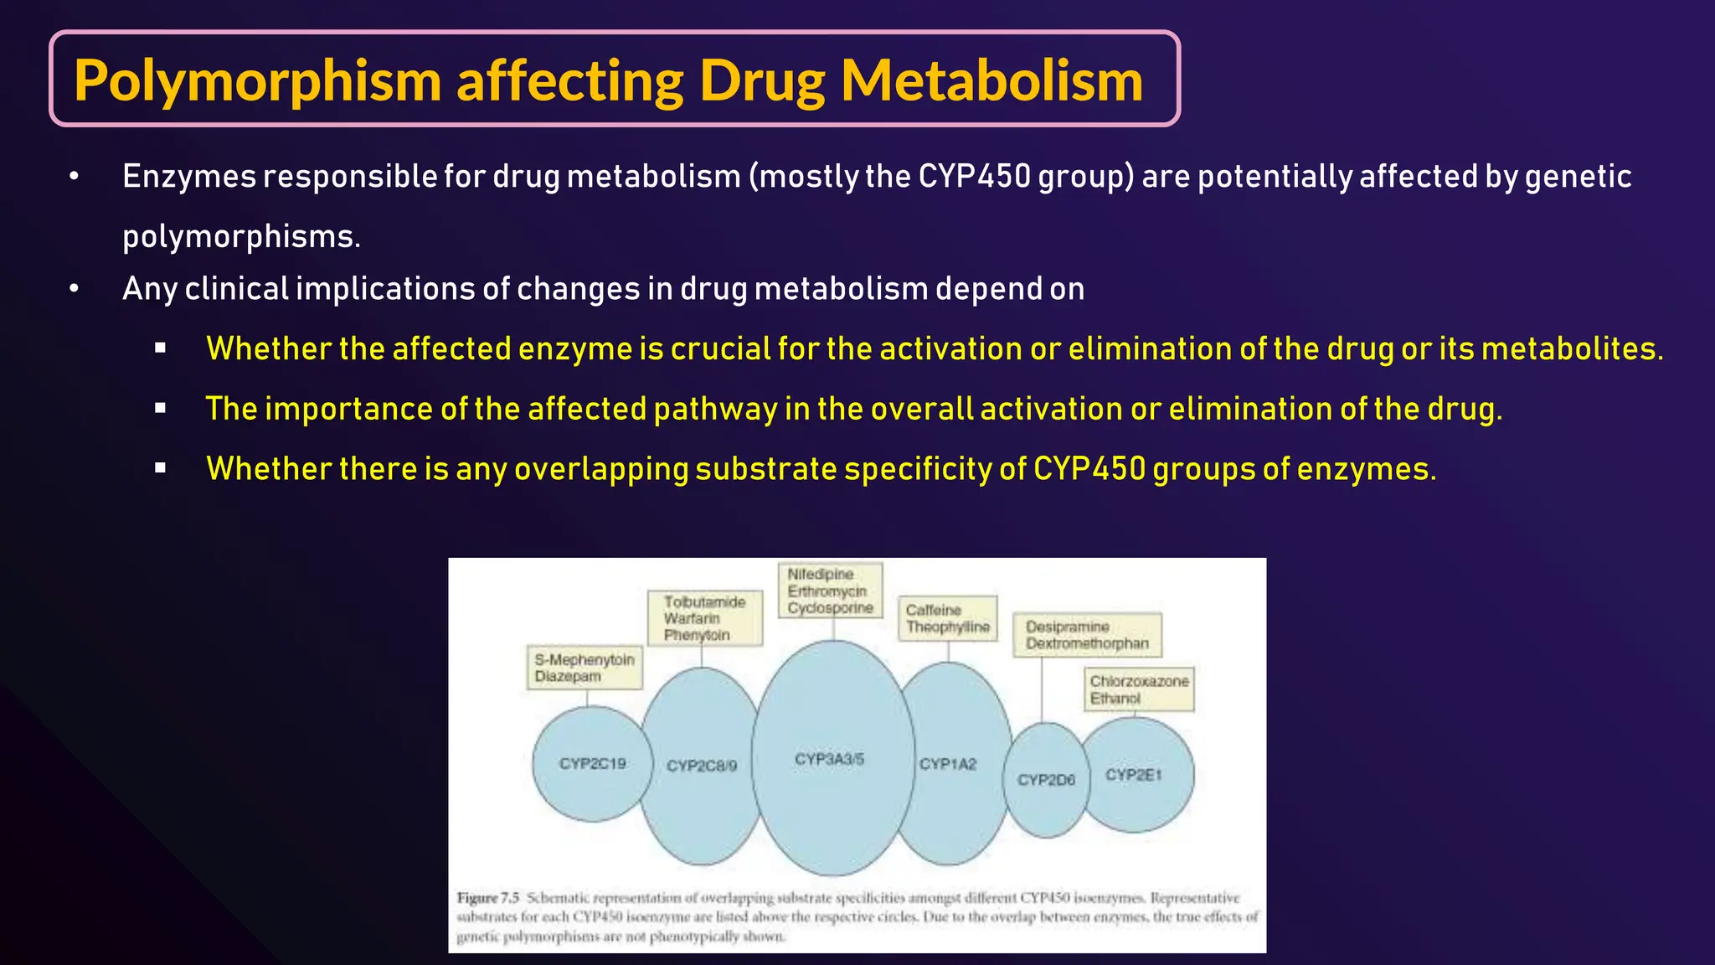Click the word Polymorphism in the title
pyautogui.click(x=257, y=81)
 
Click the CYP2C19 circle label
pyautogui.click(x=592, y=763)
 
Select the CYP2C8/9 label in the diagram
pyautogui.click(x=702, y=766)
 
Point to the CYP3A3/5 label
pyautogui.click(x=829, y=759)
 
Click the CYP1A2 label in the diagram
pyautogui.click(x=948, y=764)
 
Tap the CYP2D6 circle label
pyautogui.click(x=1046, y=780)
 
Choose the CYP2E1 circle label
pyautogui.click(x=1134, y=775)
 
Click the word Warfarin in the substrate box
pyautogui.click(x=692, y=618)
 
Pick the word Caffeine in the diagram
pyautogui.click(x=933, y=610)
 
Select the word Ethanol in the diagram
pyautogui.click(x=1115, y=698)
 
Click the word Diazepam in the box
pyautogui.click(x=567, y=676)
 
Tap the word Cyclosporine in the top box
pyautogui.click(x=830, y=607)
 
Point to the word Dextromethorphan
pyautogui.click(x=1087, y=643)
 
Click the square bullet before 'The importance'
pyautogui.click(x=161, y=409)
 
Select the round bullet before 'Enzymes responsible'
pyautogui.click(x=75, y=177)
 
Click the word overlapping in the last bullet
pyautogui.click(x=600, y=469)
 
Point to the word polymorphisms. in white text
pyautogui.click(x=241, y=236)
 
